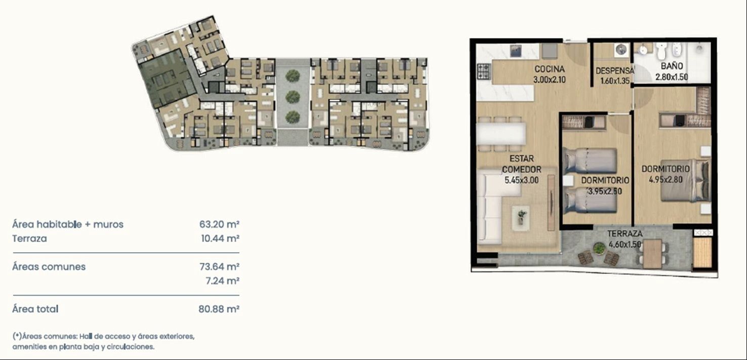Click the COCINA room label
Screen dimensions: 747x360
[x=550, y=69]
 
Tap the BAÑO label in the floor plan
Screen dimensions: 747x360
[x=672, y=66]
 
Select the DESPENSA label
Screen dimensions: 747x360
[x=614, y=71]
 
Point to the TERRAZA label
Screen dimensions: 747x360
[x=625, y=233]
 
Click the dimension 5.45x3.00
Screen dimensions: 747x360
[x=521, y=180]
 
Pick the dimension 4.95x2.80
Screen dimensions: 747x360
[x=666, y=180]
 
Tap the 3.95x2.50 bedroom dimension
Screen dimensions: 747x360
[x=605, y=191]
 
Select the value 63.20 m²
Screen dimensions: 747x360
[x=219, y=224]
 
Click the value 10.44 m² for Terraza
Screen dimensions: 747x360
[x=220, y=238]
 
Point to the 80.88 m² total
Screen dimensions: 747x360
[x=219, y=309]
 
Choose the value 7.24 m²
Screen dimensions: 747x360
[x=223, y=281]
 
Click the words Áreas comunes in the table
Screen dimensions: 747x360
[x=49, y=266]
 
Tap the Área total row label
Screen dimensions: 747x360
[x=35, y=309]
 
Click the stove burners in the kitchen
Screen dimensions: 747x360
[x=483, y=72]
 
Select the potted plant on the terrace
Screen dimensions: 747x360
[x=599, y=249]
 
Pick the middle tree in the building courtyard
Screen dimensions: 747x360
[x=293, y=97]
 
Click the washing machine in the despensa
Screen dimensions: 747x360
[x=621, y=50]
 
